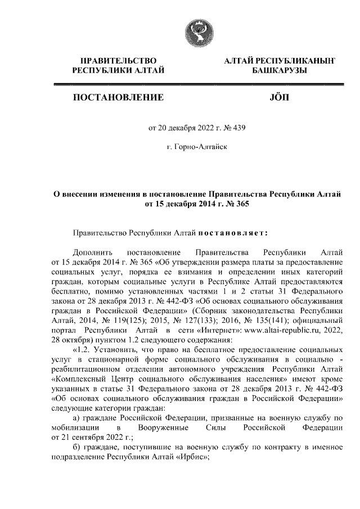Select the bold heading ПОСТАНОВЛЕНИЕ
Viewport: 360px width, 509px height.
coord(118,98)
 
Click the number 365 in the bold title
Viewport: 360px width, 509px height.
coord(237,204)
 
